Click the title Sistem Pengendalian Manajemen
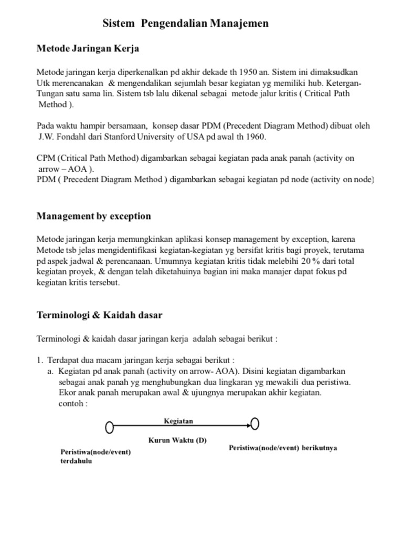[x=185, y=24]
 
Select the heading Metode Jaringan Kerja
[x=88, y=49]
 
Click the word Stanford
[x=119, y=137]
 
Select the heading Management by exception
[x=93, y=216]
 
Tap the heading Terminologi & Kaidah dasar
[x=99, y=315]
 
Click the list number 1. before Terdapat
[x=40, y=360]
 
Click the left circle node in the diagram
[x=109, y=428]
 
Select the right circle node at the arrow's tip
[x=255, y=423]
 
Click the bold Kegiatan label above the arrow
[x=178, y=421]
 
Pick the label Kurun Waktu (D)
[x=177, y=440]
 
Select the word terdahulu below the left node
[x=77, y=461]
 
